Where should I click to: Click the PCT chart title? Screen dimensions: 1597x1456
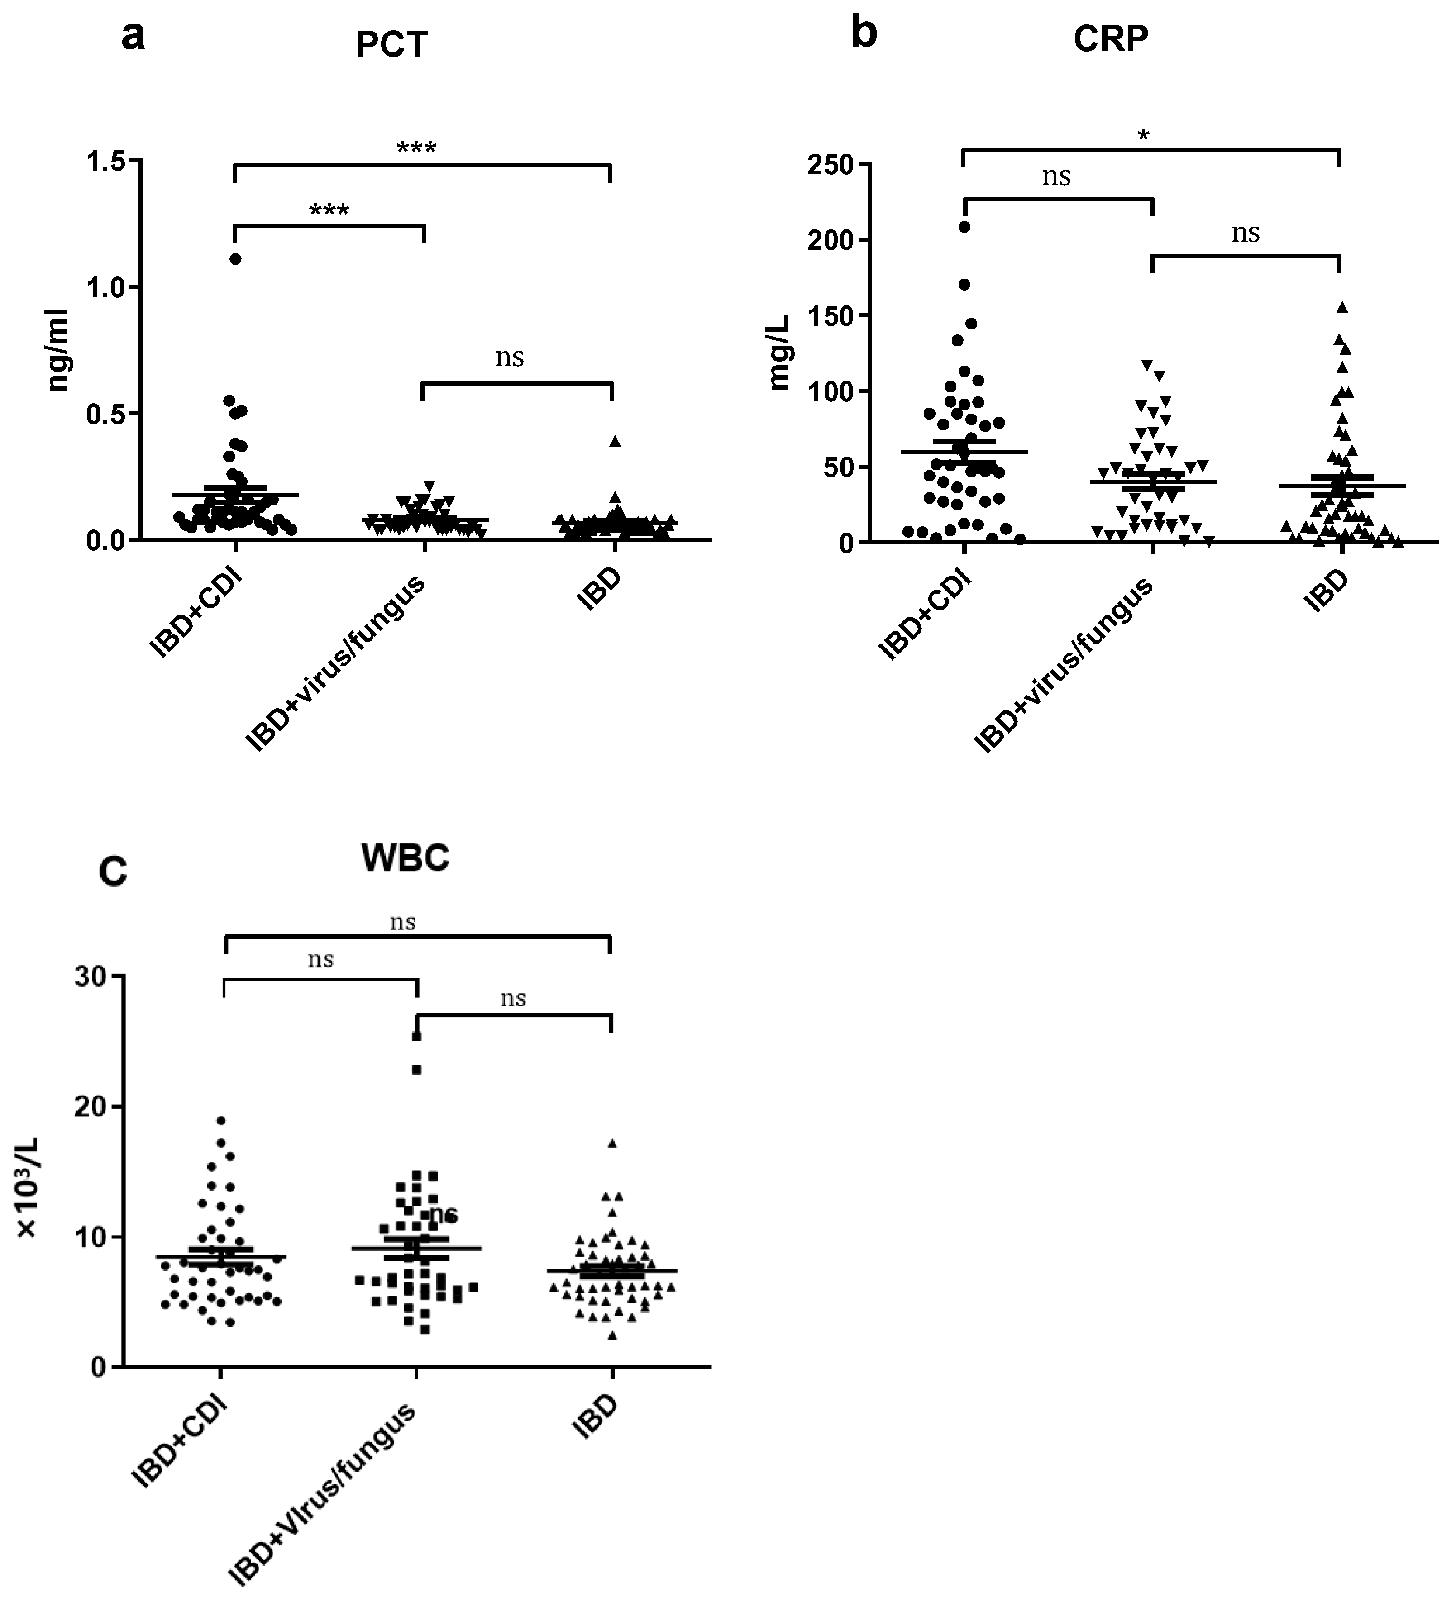(391, 45)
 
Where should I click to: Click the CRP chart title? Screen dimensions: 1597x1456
(1111, 40)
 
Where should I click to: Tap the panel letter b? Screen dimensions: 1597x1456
(864, 33)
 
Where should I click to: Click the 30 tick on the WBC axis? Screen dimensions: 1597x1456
(92, 977)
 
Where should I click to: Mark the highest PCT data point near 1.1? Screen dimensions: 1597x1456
(235, 259)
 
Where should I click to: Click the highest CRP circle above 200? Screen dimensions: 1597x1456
(964, 227)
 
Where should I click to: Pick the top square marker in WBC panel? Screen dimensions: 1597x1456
(417, 1036)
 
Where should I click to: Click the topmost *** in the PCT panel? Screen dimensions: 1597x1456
(417, 148)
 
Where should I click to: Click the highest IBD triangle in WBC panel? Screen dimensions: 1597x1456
(611, 1143)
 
